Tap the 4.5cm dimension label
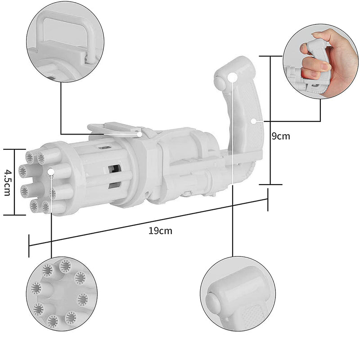[7, 182]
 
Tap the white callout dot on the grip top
[233, 77]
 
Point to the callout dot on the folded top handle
[140, 134]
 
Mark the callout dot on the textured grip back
[254, 121]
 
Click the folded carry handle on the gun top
[115, 128]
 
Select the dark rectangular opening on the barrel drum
[114, 169]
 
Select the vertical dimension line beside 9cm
[270, 120]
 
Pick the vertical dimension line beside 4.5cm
[14, 182]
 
